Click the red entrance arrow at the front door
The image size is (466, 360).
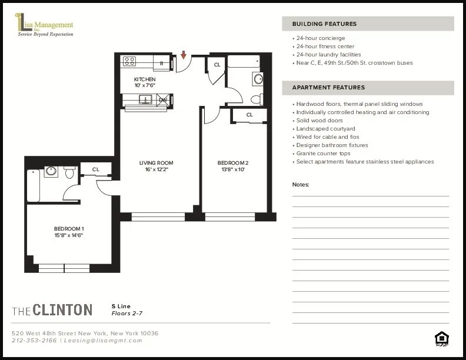184,55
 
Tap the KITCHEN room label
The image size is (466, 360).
145,79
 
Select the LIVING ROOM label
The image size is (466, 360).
156,163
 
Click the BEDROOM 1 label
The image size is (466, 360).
69,228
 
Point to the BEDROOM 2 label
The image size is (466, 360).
233,163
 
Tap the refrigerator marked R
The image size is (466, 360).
162,62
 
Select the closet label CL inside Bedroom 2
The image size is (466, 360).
249,115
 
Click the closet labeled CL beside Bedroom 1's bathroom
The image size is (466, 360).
95,169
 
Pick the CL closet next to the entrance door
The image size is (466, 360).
217,65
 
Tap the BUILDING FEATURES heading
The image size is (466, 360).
324,24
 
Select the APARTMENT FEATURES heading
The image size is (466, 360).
328,88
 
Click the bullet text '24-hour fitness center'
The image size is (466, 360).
325,46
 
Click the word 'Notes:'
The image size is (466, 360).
300,185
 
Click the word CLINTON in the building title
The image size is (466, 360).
62,309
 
